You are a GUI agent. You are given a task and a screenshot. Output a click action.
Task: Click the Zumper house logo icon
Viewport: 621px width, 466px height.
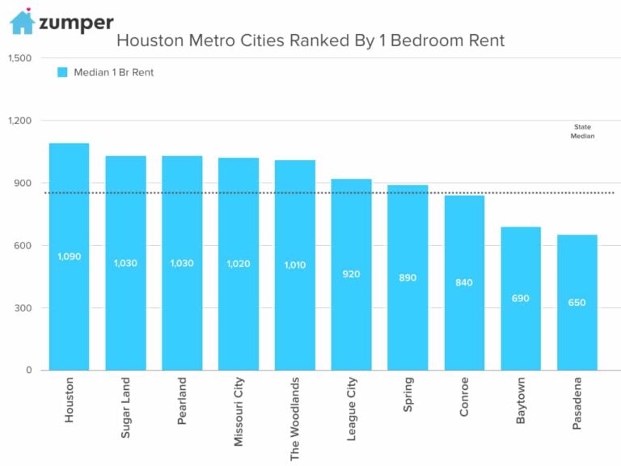pos(22,22)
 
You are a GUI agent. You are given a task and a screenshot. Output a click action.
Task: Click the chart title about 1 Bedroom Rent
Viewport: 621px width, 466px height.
pos(310,40)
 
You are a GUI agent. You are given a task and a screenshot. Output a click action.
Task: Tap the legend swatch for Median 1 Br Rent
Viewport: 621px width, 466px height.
pos(62,72)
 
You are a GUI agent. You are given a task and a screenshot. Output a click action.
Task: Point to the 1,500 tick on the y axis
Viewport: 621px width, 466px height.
pos(19,58)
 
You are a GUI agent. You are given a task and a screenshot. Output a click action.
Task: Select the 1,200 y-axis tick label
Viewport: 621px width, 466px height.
pos(19,121)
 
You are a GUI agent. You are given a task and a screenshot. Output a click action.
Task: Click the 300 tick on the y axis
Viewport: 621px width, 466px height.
pos(22,308)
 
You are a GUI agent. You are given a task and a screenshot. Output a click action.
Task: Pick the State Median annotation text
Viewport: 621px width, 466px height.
pos(583,132)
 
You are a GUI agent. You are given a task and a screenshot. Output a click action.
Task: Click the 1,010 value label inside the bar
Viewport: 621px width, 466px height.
pos(294,265)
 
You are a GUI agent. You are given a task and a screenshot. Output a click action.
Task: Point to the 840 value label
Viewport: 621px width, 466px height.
pos(464,282)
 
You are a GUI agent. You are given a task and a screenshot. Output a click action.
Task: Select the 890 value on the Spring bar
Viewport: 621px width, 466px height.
pos(408,277)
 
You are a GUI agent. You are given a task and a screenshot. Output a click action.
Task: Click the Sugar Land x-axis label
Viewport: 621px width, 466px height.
pos(125,408)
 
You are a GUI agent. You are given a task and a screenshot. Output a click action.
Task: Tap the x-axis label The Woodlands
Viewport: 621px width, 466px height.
pos(294,418)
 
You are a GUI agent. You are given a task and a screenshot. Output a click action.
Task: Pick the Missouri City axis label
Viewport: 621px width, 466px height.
pos(238,411)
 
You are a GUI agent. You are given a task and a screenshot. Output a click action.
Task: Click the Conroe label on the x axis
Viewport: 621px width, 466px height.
pos(464,397)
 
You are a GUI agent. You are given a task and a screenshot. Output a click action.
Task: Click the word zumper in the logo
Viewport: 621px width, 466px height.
pos(76,23)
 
